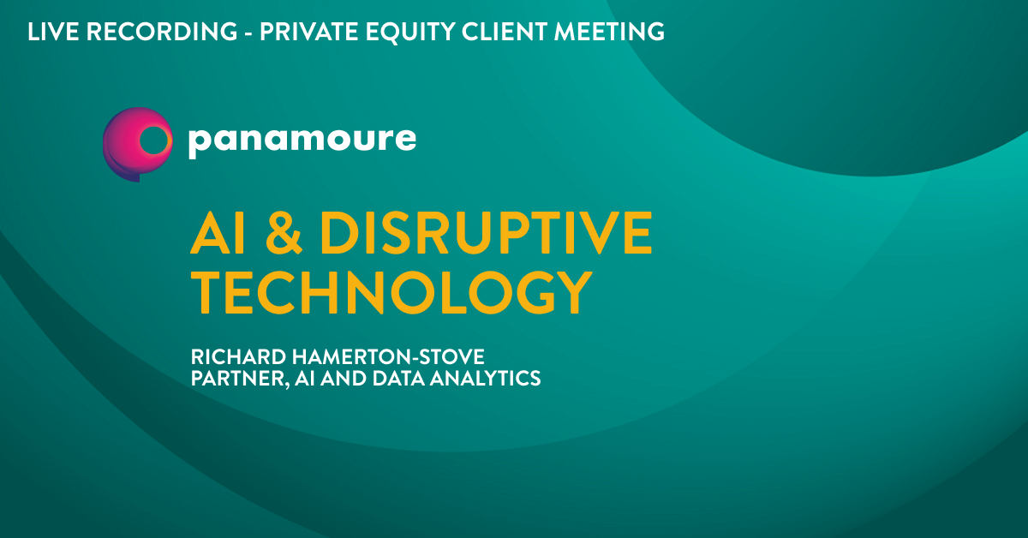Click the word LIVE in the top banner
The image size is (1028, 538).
pyautogui.click(x=53, y=32)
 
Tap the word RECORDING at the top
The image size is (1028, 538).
pyautogui.click(x=162, y=32)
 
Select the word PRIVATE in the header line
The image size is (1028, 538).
pyautogui.click(x=309, y=32)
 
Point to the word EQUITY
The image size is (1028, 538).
pyautogui.click(x=409, y=33)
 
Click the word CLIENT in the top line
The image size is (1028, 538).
pyautogui.click(x=505, y=32)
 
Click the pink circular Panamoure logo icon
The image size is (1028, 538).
pyautogui.click(x=138, y=144)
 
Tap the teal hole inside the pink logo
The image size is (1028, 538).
pyautogui.click(x=153, y=140)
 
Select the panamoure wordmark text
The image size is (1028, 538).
pyautogui.click(x=302, y=140)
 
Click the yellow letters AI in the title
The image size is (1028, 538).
pyautogui.click(x=218, y=233)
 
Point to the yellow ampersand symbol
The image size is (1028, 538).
pyautogui.click(x=284, y=233)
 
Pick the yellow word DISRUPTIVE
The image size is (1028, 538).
pyautogui.click(x=486, y=233)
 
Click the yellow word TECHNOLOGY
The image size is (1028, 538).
pyautogui.click(x=391, y=292)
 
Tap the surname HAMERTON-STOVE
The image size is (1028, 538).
pyautogui.click(x=388, y=356)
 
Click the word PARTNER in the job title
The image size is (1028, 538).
pyautogui.click(x=240, y=379)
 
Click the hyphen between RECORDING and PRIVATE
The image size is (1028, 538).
pyautogui.click(x=248, y=33)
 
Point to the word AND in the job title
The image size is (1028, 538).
pyautogui.click(x=344, y=379)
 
